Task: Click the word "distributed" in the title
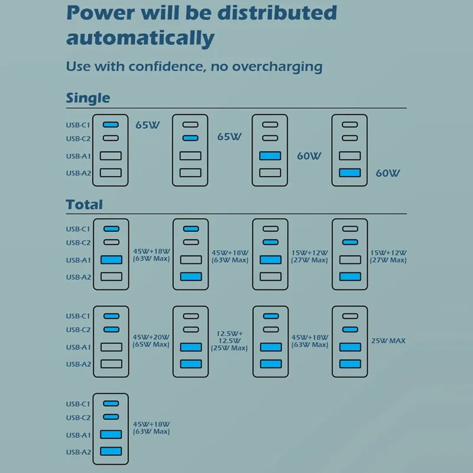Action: click(277, 12)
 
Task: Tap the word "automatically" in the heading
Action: click(140, 38)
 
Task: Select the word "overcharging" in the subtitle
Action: click(277, 67)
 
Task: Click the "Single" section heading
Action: click(88, 98)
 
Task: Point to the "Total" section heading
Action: click(84, 205)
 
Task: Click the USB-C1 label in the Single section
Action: click(78, 125)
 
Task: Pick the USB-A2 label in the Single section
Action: click(79, 173)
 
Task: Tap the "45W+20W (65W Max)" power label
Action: click(151, 341)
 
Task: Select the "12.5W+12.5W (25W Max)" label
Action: click(229, 341)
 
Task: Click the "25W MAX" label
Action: click(388, 341)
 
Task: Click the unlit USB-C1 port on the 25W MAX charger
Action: click(350, 316)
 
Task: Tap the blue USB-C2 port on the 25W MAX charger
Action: click(350, 329)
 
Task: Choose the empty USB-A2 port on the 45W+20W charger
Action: click(111, 364)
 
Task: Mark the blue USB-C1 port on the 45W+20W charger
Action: click(111, 316)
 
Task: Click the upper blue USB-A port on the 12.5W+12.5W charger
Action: click(191, 347)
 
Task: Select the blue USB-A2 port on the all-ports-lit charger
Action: click(111, 451)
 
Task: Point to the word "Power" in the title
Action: click(101, 12)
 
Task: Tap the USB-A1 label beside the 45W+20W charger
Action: click(79, 347)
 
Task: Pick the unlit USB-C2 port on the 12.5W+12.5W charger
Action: click(191, 329)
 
